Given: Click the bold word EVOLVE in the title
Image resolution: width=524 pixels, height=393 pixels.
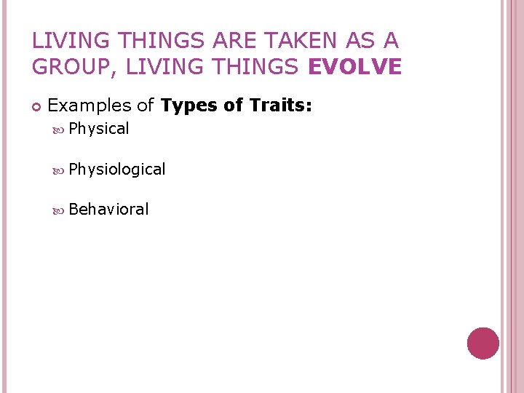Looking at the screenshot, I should click(x=355, y=67).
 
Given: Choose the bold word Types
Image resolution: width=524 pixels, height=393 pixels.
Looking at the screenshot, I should click(x=190, y=106).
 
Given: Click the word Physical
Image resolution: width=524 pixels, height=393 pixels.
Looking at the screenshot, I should click(x=99, y=130).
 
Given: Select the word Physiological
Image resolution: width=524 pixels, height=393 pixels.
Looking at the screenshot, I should click(x=117, y=170).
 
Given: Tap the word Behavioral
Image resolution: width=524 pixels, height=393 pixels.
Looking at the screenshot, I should click(x=108, y=210).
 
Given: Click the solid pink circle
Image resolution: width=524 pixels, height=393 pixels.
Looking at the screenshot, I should click(x=483, y=343).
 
